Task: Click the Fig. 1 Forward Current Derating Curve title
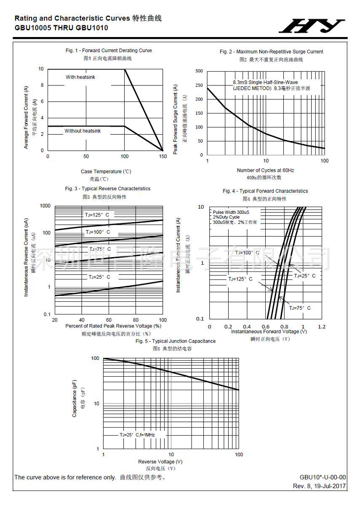point(109,51)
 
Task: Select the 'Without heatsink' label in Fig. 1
point(83,131)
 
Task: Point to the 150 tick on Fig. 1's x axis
point(163,157)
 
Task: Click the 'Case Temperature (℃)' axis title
point(106,171)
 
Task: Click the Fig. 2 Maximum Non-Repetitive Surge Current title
point(272,52)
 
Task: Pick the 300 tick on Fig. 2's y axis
point(199,71)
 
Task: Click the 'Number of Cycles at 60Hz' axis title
point(265,170)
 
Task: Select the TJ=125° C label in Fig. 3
point(97,215)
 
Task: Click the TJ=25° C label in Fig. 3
point(99,277)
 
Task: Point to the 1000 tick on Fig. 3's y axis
point(45,206)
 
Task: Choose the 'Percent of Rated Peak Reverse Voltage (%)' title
point(114,326)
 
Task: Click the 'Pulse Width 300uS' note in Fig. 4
point(231,213)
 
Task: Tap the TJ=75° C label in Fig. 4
point(300,308)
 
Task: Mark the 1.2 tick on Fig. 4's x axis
point(322,327)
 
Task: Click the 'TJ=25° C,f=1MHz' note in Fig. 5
point(137,434)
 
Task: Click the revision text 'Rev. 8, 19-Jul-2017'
point(320,486)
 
